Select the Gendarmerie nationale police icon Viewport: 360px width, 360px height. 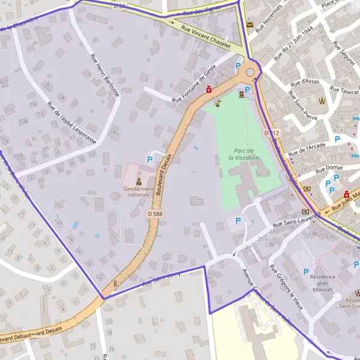coord(139,180)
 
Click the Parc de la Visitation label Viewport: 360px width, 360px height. coord(244,154)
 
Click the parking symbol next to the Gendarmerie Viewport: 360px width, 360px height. coord(149,160)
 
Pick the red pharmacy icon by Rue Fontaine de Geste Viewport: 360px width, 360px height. coord(209,89)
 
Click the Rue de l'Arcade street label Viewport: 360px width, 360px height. coord(307,146)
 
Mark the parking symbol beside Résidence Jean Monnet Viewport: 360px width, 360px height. coord(307,271)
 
